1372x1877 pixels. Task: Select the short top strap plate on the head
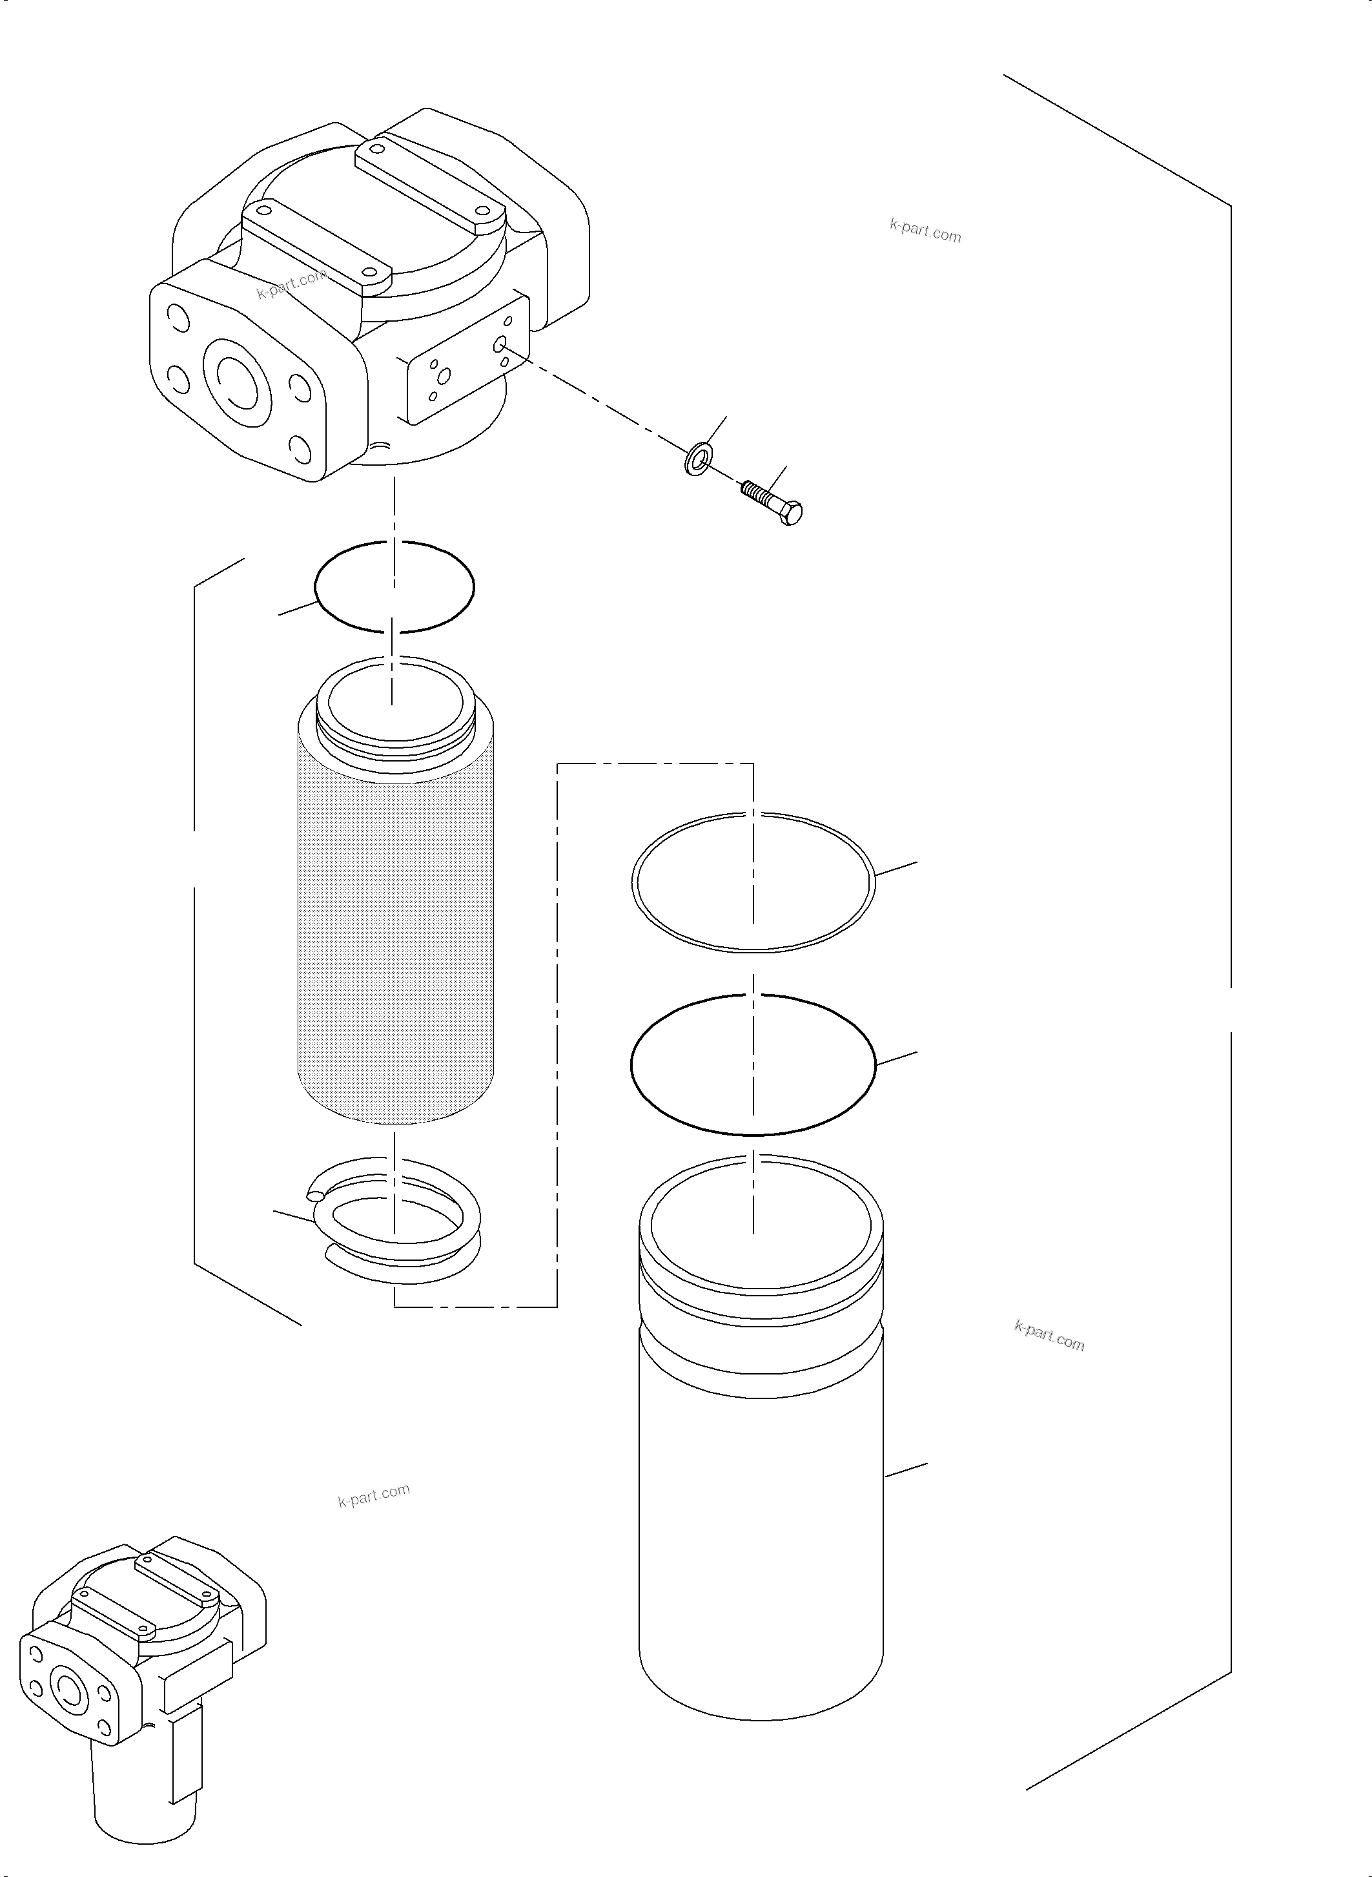316,245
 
